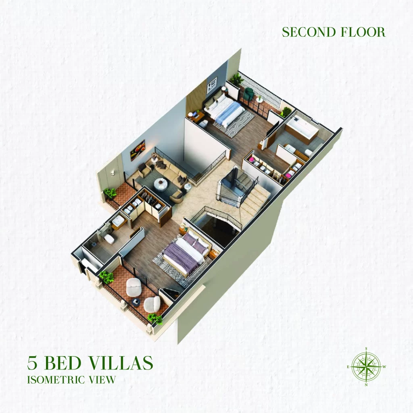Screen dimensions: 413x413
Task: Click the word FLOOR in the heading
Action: click(x=363, y=32)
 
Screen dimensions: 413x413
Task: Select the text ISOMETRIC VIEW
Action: click(x=71, y=380)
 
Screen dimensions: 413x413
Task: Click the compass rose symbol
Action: click(x=366, y=367)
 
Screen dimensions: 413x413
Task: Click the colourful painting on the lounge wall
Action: click(x=138, y=150)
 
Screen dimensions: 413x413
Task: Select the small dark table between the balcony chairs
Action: click(x=136, y=302)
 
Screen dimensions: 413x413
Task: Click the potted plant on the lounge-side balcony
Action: click(x=110, y=193)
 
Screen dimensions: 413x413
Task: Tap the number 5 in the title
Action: click(x=32, y=363)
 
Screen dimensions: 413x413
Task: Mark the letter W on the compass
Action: click(x=384, y=367)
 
